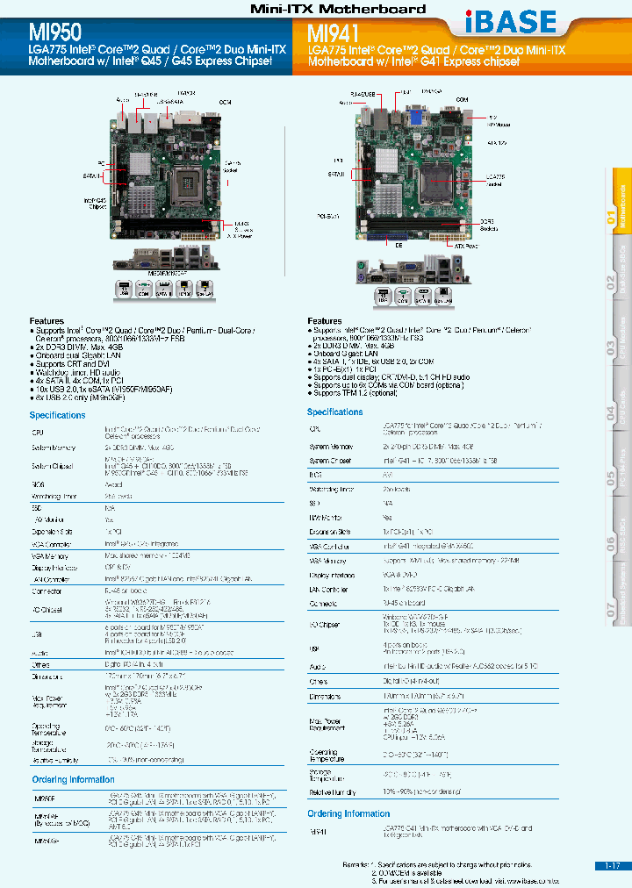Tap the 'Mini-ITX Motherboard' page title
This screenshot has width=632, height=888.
pyautogui.click(x=338, y=9)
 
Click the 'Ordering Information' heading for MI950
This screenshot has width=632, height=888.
pyautogui.click(x=73, y=779)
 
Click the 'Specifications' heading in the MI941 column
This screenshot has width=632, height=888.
pyautogui.click(x=334, y=412)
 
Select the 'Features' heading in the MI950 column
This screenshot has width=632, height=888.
pyautogui.click(x=47, y=322)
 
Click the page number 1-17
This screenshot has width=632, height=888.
pyautogui.click(x=612, y=865)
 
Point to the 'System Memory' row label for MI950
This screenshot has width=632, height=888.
pyautogui.click(x=54, y=448)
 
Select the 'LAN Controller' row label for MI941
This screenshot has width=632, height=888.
pyautogui.click(x=329, y=590)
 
